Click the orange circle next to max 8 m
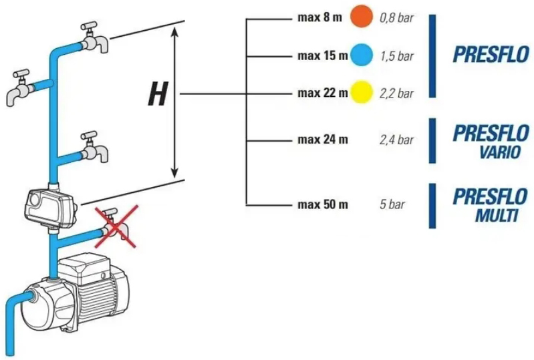coord(362,16)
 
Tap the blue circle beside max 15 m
coord(362,55)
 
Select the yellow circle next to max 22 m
coord(362,92)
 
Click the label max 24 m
coord(323,140)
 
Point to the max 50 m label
coord(323,204)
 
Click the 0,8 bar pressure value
coord(397,17)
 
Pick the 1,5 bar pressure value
coord(397,56)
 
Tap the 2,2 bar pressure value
coord(397,94)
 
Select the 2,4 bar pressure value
coord(397,140)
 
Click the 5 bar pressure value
coord(392,204)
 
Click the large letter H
coord(158,94)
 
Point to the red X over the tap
coord(116,226)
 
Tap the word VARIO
coord(501,152)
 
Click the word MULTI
coord(497,215)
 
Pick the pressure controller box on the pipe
coord(51,209)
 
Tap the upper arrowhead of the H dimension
coord(174,32)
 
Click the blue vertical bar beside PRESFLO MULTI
coord(432,206)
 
